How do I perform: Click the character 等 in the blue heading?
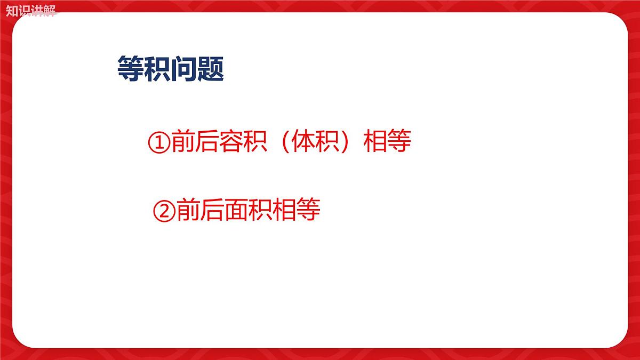coord(130,69)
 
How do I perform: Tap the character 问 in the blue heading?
coord(183,69)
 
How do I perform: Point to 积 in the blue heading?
coord(157,69)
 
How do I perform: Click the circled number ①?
coord(158,142)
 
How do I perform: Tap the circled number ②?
coord(164,210)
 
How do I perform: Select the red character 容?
coord(230,142)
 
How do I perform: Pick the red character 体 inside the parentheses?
coord(303,142)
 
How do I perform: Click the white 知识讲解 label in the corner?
coord(30,10)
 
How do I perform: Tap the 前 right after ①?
coord(182,142)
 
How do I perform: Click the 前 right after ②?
coord(187,210)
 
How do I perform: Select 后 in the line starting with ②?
coord(211,210)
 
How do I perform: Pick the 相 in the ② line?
coord(283,210)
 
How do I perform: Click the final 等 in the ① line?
coord(399,142)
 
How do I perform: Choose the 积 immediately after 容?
coord(255,142)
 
